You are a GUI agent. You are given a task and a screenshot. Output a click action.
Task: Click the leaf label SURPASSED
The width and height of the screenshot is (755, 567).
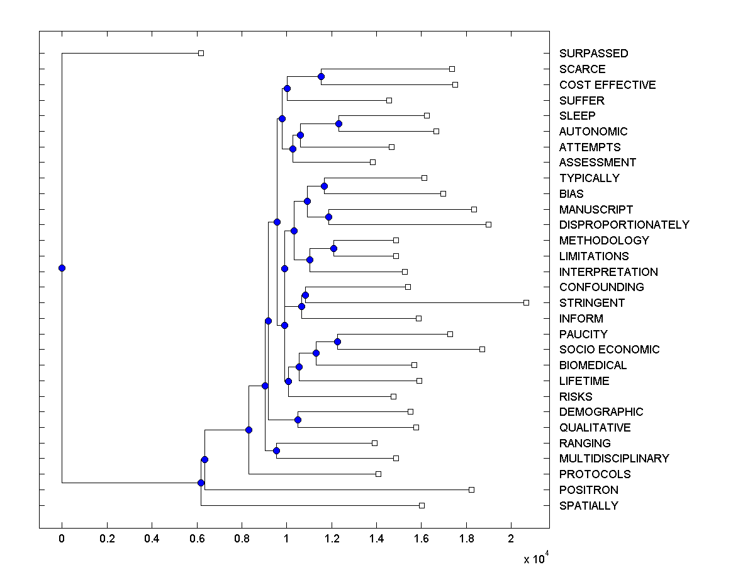click(x=593, y=54)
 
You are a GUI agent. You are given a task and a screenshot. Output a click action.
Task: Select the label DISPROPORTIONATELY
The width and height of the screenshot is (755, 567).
click(x=624, y=225)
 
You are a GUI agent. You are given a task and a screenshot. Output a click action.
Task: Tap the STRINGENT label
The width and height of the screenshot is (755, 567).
click(x=592, y=303)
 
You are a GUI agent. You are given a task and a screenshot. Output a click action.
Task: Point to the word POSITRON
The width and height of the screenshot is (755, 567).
click(x=588, y=490)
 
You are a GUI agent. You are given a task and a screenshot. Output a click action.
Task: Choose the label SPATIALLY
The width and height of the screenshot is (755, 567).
click(x=588, y=506)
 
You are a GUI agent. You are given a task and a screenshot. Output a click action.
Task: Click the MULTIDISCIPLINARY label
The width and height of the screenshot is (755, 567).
click(x=614, y=459)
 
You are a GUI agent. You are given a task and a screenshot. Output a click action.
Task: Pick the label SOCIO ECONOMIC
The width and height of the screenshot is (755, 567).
click(x=609, y=350)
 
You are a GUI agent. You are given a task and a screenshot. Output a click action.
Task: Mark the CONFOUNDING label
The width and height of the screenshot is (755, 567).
click(x=601, y=287)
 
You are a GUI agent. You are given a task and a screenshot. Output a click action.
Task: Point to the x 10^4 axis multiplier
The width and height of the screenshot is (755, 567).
click(x=535, y=558)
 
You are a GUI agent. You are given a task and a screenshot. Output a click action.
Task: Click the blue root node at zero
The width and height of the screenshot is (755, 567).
click(x=62, y=268)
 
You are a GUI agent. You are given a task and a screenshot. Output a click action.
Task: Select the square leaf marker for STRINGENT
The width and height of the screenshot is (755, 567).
click(x=526, y=303)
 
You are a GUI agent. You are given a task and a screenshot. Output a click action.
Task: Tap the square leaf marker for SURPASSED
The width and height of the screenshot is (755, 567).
click(x=201, y=53)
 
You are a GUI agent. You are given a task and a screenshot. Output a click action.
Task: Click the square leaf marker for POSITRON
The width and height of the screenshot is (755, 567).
click(x=471, y=490)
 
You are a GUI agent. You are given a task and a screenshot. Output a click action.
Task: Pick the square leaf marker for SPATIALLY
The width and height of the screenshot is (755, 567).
click(x=422, y=505)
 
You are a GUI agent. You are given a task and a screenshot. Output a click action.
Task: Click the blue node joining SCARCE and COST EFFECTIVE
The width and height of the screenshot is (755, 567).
click(x=321, y=76)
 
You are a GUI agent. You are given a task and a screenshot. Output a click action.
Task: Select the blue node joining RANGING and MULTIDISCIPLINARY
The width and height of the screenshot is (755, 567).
click(x=276, y=450)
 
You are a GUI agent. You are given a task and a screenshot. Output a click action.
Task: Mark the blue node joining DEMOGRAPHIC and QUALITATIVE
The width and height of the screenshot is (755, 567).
click(x=298, y=420)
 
